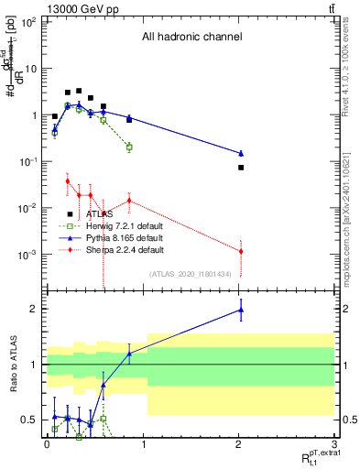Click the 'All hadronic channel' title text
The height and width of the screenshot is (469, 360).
pyautogui.click(x=191, y=38)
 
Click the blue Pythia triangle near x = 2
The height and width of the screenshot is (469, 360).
pyautogui.click(x=241, y=153)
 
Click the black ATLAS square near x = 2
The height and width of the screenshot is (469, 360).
pyautogui.click(x=241, y=168)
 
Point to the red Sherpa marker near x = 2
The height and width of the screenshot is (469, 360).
pyautogui.click(x=241, y=251)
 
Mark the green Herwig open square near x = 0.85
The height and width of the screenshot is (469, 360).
pyautogui.click(x=129, y=147)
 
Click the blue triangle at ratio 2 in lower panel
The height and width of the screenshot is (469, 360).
pyautogui.click(x=241, y=310)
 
